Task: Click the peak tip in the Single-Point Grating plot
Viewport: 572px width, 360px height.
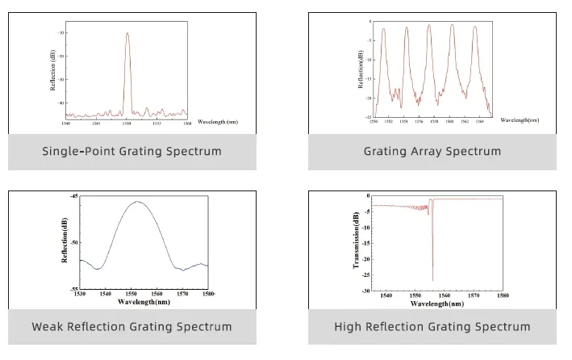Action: click(127, 33)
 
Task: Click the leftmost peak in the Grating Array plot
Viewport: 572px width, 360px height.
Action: click(384, 29)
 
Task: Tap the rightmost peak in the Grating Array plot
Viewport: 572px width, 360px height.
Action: click(475, 27)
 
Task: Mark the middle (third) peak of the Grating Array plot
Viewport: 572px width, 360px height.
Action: click(429, 26)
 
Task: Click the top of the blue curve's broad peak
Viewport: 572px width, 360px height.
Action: click(137, 203)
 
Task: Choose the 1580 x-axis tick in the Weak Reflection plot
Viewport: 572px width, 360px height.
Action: click(207, 295)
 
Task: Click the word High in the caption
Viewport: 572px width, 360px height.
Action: click(349, 327)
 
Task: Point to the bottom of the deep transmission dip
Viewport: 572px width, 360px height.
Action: click(432, 280)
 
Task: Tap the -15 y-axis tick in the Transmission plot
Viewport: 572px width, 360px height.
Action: click(366, 243)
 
